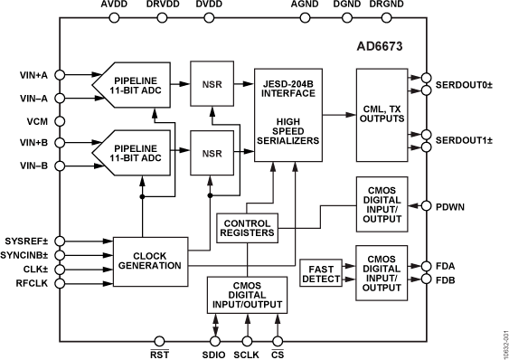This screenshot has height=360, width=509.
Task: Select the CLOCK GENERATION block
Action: [x=144, y=260]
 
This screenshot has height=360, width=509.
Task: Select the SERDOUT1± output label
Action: [x=463, y=141]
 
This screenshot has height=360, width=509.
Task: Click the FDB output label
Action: [x=447, y=280]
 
